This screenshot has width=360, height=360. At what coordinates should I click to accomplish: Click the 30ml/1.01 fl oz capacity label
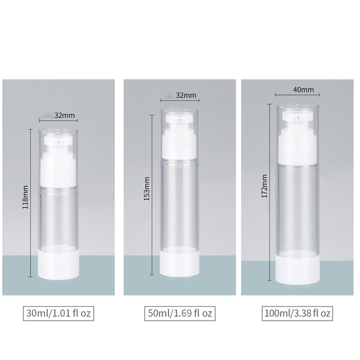58,313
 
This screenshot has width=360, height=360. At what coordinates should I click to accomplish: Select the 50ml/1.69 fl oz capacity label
180,313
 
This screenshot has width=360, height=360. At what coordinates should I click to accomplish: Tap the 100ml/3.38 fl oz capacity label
297,313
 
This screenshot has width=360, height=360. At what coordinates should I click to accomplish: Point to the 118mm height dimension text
25,197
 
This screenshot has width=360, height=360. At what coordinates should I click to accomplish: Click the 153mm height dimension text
147,189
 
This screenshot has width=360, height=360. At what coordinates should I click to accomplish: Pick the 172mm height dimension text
265,186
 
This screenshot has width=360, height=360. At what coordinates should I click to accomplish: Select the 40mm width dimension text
303,90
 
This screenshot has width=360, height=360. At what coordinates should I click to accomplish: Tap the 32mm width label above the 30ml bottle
64,115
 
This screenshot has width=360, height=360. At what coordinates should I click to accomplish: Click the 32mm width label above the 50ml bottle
186,95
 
